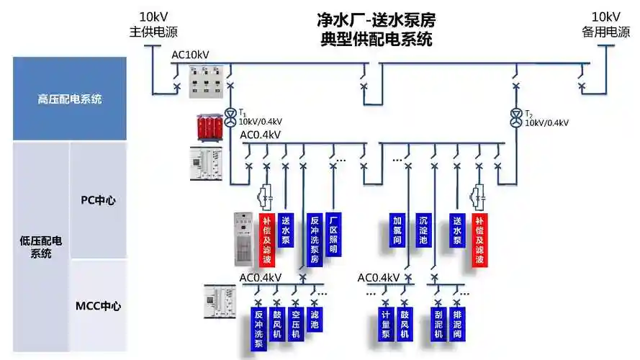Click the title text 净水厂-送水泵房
point(376,19)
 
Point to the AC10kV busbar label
point(191,55)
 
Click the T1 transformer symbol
point(230,116)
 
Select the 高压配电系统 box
point(70,99)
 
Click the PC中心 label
point(98,200)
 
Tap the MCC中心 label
point(98,306)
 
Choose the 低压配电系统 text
point(41,247)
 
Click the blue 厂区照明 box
point(333,234)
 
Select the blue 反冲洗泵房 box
point(314,239)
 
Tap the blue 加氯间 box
point(397,229)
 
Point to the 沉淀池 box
point(424,229)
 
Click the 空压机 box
point(295,324)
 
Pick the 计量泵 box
point(386,324)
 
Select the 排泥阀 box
point(456,324)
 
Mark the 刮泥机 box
point(438,324)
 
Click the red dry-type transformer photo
point(209,127)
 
